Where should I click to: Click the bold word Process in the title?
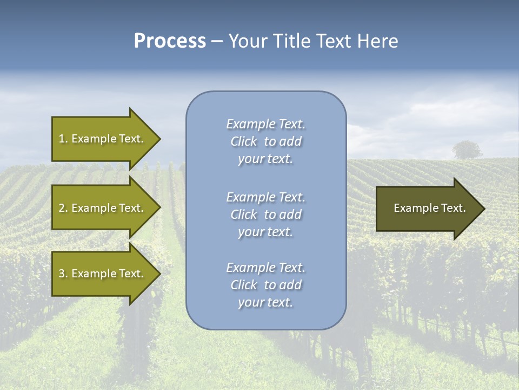click(x=170, y=41)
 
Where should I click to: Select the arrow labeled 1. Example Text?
click(x=103, y=139)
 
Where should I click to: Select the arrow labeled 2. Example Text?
click(x=103, y=208)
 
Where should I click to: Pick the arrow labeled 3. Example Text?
click(x=103, y=274)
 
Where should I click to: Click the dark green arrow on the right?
click(x=427, y=208)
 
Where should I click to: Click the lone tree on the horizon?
click(x=467, y=149)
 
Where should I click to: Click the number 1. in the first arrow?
click(x=63, y=139)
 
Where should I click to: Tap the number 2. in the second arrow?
click(x=63, y=208)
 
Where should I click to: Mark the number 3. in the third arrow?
click(x=63, y=274)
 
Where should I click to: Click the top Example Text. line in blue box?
click(x=265, y=124)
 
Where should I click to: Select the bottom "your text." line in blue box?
click(x=265, y=303)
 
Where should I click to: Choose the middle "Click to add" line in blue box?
click(x=265, y=214)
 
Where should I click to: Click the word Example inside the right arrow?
click(x=412, y=208)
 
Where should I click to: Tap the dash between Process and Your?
click(x=217, y=41)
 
